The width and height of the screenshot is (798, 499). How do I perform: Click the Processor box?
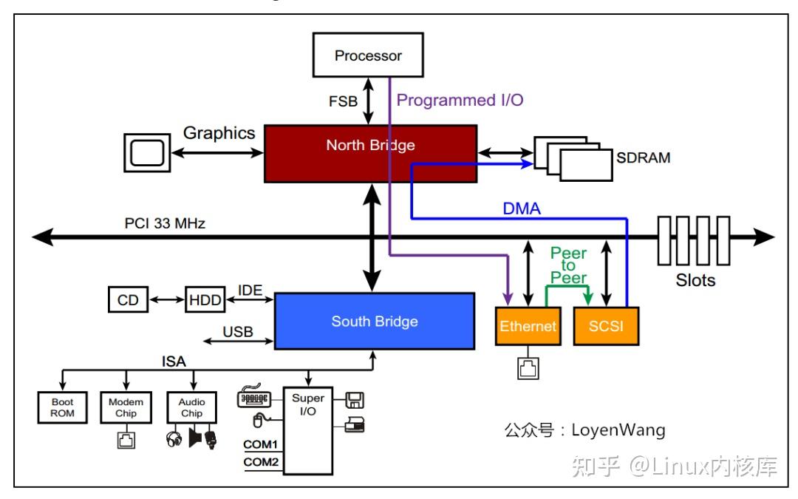click(x=369, y=55)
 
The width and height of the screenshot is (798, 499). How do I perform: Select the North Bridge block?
click(x=370, y=153)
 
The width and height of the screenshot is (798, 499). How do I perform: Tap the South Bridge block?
click(x=374, y=321)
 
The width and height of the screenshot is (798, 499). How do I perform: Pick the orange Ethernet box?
click(x=528, y=326)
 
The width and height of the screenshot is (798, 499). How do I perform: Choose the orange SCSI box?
click(x=605, y=326)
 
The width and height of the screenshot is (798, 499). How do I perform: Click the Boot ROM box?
click(x=62, y=407)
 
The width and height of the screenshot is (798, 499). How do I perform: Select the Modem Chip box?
click(x=125, y=407)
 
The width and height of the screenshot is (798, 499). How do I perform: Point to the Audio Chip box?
click(x=192, y=407)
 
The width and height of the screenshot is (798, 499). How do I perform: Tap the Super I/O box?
click(x=308, y=429)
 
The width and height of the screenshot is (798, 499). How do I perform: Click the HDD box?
click(x=205, y=300)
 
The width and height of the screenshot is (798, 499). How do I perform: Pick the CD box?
click(x=128, y=300)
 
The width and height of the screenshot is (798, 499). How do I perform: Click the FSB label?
click(x=342, y=101)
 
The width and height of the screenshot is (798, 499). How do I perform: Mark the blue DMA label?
click(x=522, y=209)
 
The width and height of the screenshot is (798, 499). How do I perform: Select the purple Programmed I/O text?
click(x=460, y=101)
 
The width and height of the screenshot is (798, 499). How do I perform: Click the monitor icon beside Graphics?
click(x=146, y=152)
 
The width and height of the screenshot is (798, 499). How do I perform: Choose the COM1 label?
click(x=261, y=445)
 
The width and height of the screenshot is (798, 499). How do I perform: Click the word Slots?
click(x=695, y=281)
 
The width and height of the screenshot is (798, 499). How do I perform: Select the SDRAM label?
click(x=644, y=157)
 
